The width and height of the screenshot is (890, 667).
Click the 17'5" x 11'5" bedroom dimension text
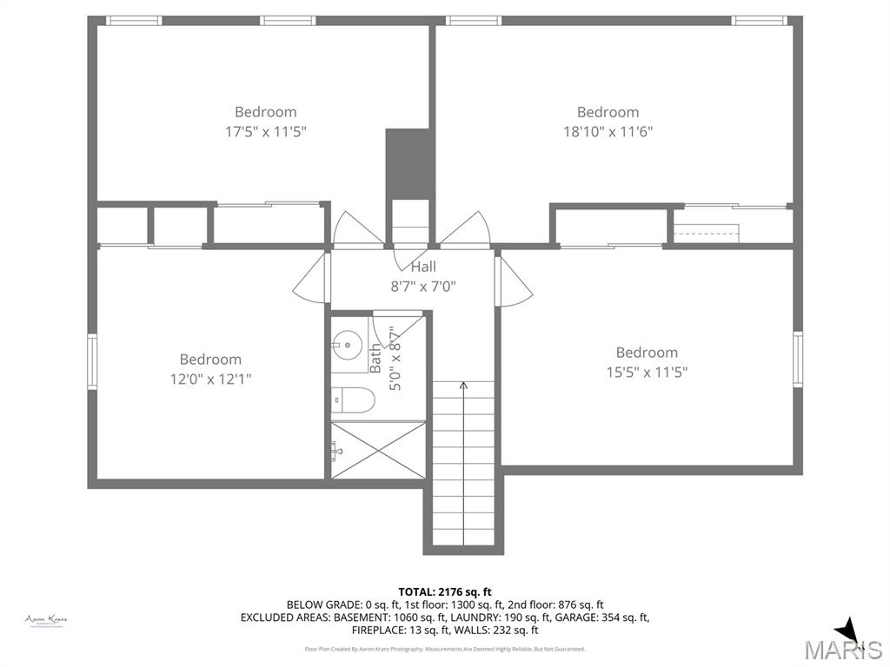point(265,132)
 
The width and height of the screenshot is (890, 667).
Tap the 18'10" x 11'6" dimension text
point(608,132)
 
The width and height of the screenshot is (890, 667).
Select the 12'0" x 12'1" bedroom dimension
point(210,379)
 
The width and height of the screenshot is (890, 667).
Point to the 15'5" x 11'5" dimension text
point(647,372)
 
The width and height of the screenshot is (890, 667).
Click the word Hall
point(423,267)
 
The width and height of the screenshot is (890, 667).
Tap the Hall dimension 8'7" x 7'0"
point(423,286)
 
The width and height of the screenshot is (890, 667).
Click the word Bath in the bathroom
point(376,358)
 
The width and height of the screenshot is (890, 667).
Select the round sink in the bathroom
point(345,345)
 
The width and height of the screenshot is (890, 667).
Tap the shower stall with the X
point(378,449)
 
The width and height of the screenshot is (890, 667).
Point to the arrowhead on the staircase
point(463,385)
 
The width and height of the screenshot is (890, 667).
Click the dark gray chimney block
point(408,164)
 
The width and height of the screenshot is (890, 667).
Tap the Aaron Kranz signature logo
point(46,620)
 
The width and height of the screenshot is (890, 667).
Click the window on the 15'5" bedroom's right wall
point(797,360)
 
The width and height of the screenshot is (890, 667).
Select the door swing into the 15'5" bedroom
point(515,282)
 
